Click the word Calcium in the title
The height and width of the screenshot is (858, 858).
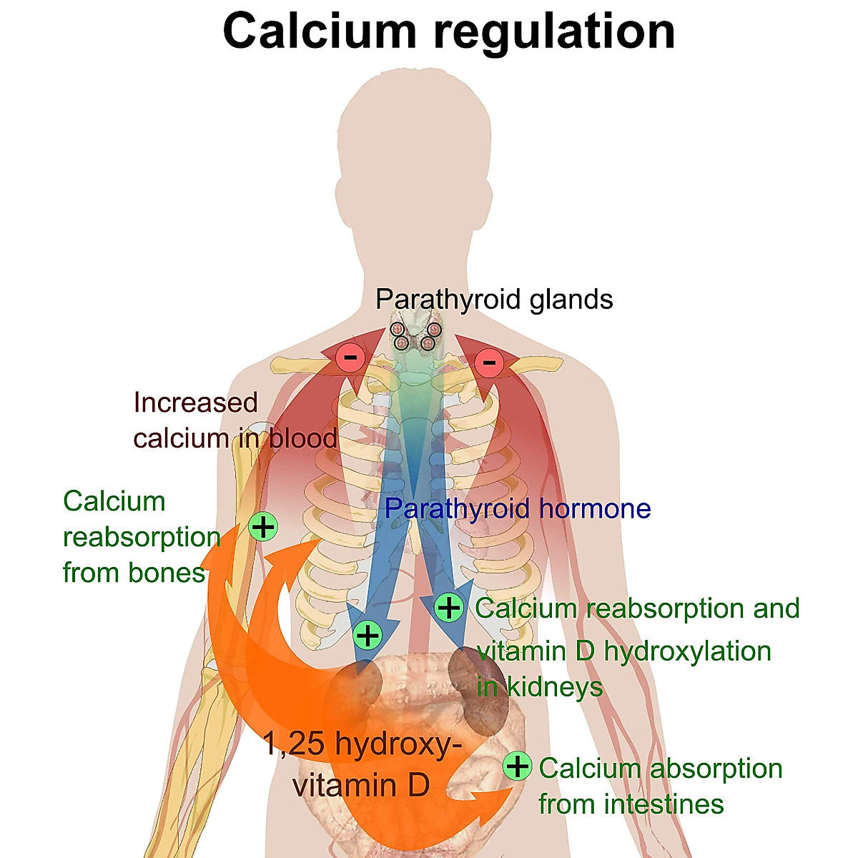click(x=319, y=31)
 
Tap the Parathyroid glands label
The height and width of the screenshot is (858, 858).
click(x=494, y=299)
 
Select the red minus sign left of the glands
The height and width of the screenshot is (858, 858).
click(x=351, y=357)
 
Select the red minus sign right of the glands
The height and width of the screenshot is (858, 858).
click(x=489, y=362)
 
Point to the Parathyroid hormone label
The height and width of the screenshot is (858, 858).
click(x=518, y=508)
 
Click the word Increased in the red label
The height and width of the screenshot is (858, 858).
click(x=195, y=403)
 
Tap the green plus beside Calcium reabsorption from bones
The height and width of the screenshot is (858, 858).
click(x=263, y=527)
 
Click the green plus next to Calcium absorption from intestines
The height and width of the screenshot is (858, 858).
click(x=517, y=766)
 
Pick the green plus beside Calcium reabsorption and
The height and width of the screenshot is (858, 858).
click(x=449, y=608)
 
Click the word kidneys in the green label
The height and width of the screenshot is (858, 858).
click(x=555, y=687)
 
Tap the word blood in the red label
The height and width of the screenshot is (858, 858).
click(x=303, y=438)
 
